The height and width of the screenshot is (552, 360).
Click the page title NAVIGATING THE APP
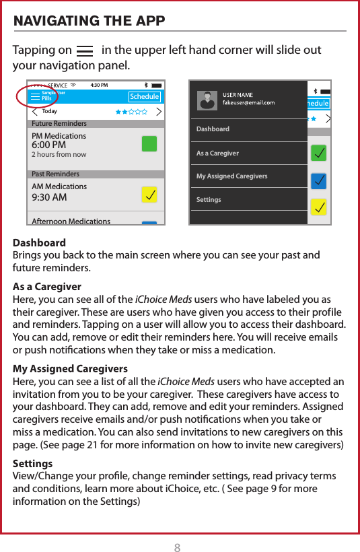point(89,20)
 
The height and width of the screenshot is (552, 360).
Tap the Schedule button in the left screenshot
point(145,97)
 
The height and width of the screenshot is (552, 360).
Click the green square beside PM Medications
point(149,144)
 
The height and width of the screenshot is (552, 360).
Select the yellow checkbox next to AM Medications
point(149,195)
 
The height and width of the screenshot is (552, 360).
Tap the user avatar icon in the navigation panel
point(207,100)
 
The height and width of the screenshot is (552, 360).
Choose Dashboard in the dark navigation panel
point(213,129)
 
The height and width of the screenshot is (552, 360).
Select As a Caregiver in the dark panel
point(217,153)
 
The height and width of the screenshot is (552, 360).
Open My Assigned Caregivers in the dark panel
point(231,176)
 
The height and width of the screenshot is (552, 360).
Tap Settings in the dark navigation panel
point(208,200)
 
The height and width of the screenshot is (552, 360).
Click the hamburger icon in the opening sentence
point(85,50)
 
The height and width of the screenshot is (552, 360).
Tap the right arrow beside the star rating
point(159,111)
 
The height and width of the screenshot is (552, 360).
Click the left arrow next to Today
point(35,111)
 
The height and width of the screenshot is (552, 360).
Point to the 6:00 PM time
point(48,145)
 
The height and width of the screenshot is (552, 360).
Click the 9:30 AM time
point(49,197)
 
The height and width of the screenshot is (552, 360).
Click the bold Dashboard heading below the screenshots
point(40,242)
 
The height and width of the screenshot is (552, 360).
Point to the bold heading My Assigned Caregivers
point(71,369)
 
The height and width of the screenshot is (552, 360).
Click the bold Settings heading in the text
point(32,464)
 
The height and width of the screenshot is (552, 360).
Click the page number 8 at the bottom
point(178,529)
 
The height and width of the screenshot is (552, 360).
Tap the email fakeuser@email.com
point(248,103)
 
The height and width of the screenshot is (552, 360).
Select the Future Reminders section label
point(59,124)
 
